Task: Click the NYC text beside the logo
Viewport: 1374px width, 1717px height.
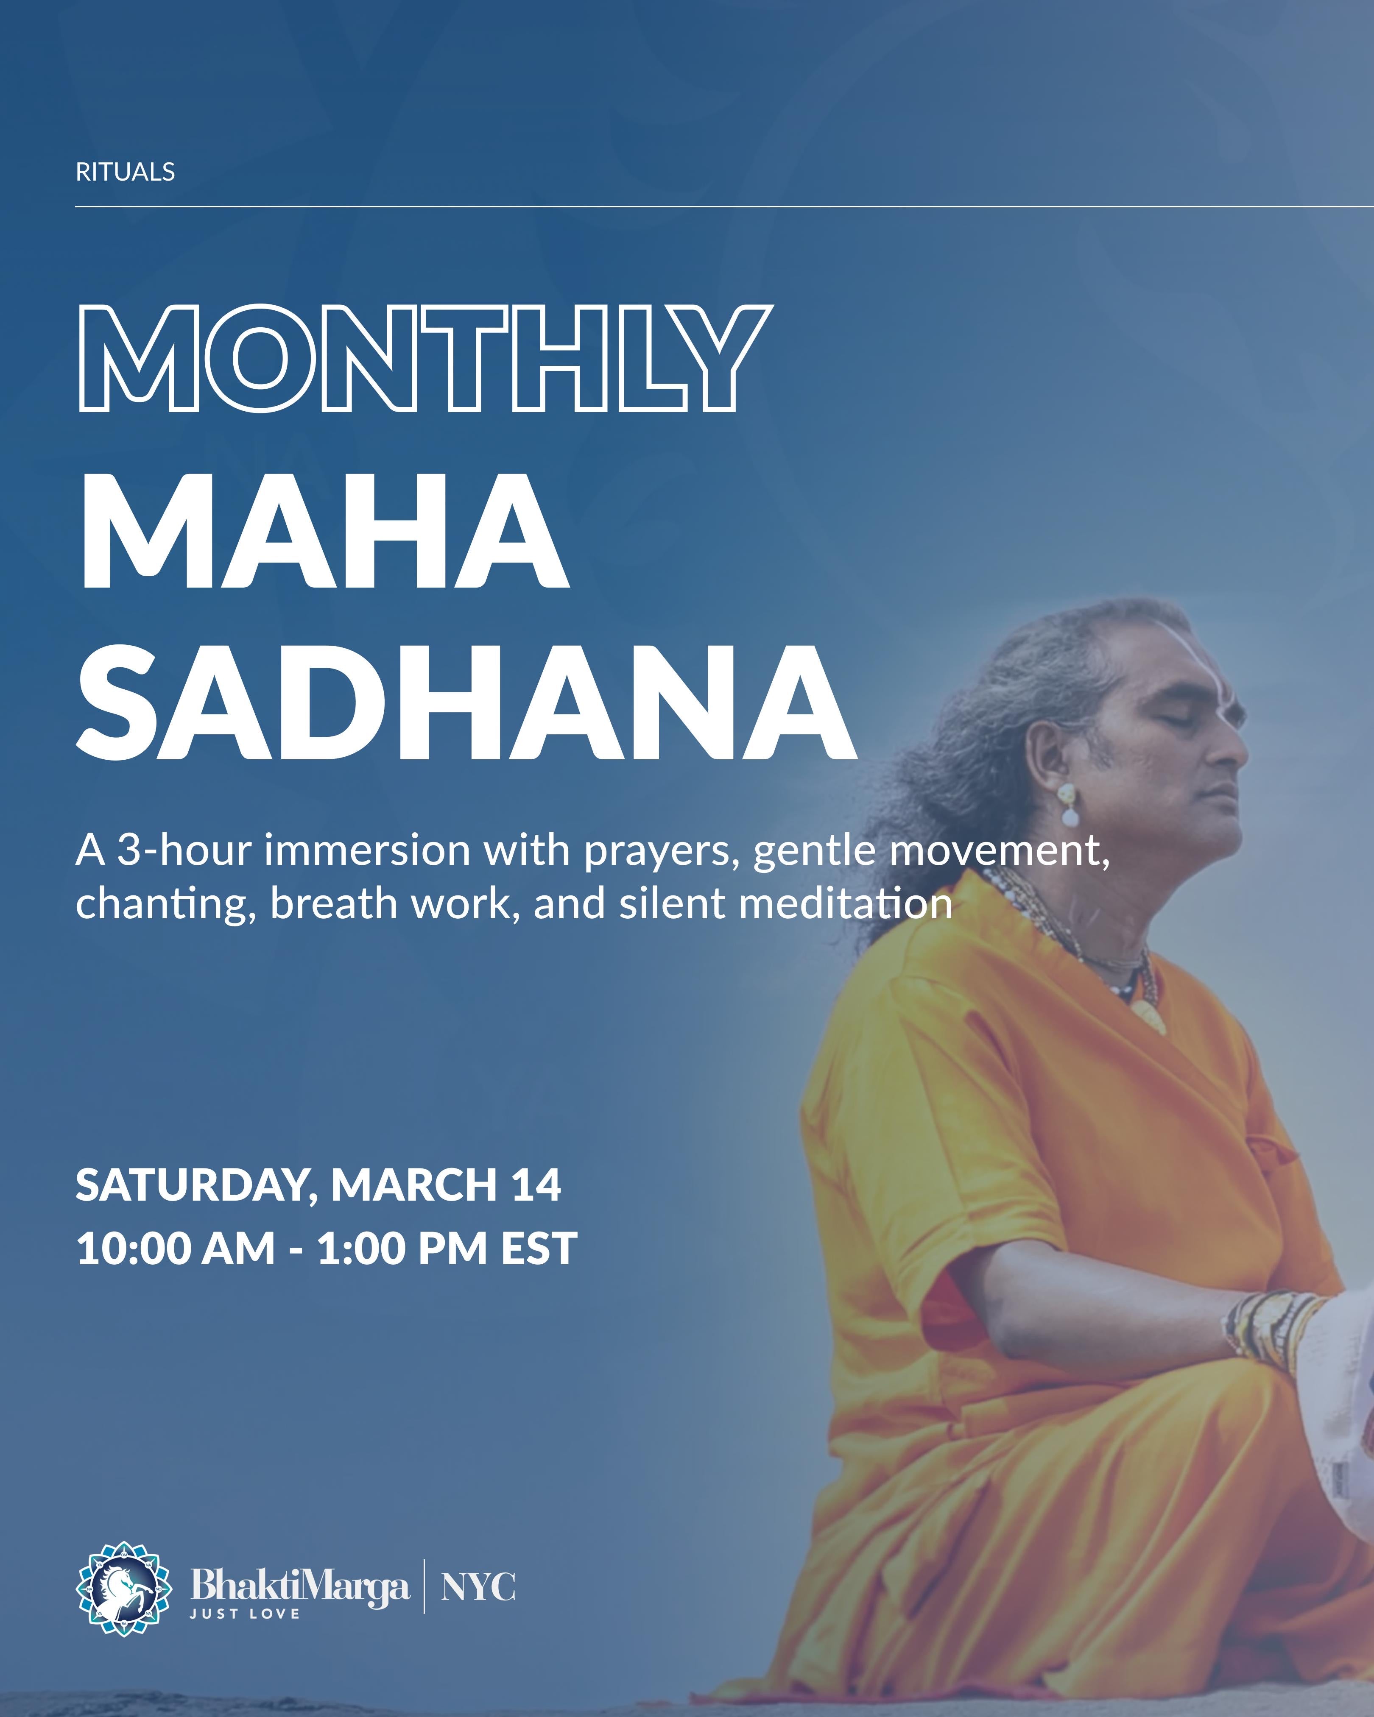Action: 478,1587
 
